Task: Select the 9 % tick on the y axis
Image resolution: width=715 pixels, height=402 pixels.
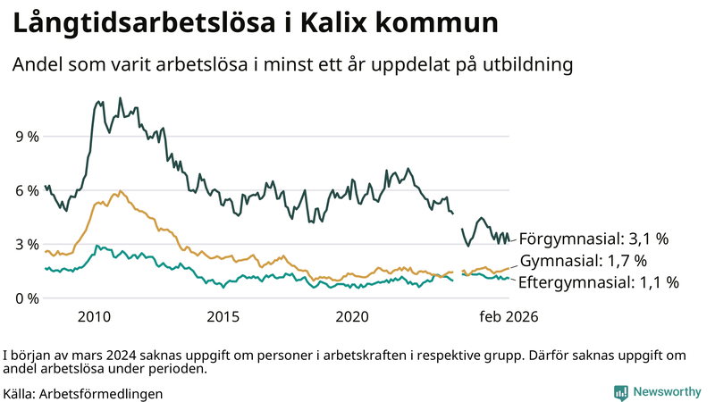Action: [27, 137]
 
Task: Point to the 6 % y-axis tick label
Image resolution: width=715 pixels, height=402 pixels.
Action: [27, 190]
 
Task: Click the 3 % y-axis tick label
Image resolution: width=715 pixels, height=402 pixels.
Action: [27, 244]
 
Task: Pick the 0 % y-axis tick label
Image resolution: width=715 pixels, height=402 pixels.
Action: [27, 297]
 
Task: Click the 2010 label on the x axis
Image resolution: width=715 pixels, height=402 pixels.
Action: [94, 317]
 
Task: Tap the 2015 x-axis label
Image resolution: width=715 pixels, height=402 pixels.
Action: [223, 317]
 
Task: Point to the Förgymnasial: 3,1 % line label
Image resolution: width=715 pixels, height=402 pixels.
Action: [593, 239]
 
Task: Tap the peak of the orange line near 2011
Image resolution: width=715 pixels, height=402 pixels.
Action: [120, 191]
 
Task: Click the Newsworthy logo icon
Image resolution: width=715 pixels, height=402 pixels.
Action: [620, 392]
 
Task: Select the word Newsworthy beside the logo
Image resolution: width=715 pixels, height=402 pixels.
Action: [667, 392]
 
